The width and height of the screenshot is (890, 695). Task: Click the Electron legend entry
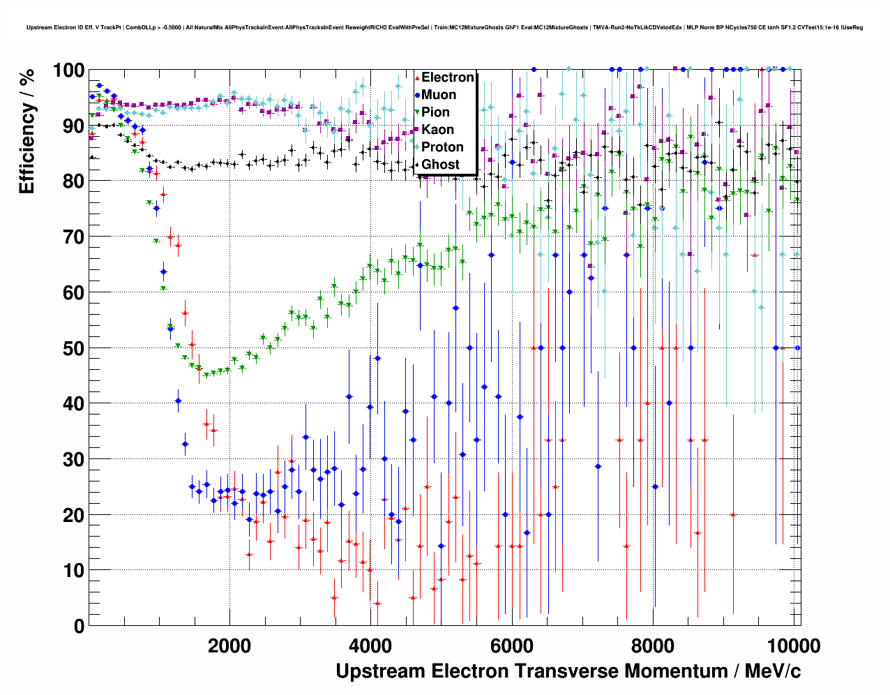click(447, 77)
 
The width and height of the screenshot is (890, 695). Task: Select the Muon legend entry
click(439, 95)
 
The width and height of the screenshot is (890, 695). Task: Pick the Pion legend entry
click(435, 112)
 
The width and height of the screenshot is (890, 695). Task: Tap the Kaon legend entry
click(437, 130)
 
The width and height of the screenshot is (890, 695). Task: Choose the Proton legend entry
click(442, 147)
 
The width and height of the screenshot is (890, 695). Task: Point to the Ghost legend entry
click(440, 165)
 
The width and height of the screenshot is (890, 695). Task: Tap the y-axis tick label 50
click(74, 348)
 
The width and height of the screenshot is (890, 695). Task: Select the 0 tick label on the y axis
click(80, 626)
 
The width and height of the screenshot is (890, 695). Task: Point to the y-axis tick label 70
click(74, 237)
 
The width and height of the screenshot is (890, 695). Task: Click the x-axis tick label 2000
click(229, 645)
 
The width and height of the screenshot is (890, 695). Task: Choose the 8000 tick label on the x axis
click(654, 645)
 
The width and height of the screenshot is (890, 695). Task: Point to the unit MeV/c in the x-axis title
click(773, 671)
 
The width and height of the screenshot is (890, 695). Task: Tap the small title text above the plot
click(444, 27)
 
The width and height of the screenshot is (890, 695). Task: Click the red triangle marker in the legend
click(417, 78)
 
